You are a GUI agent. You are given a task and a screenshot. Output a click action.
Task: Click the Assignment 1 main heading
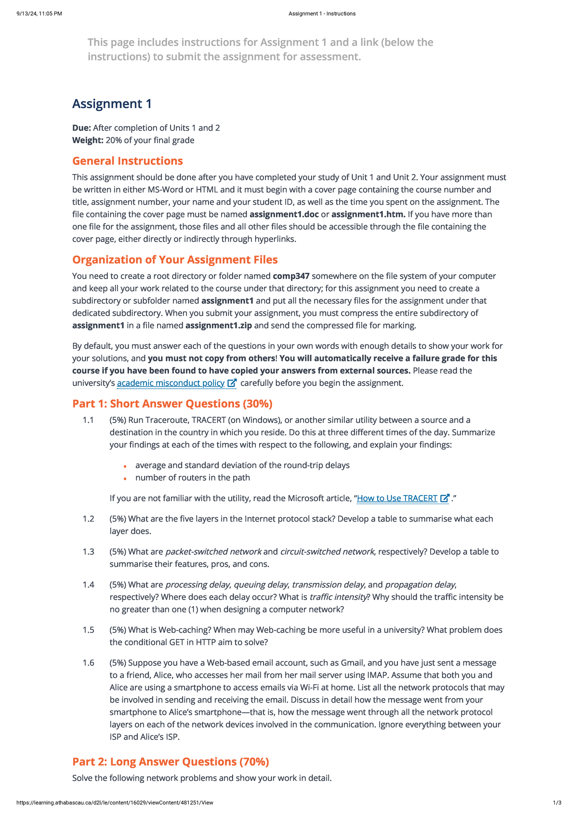click(x=112, y=104)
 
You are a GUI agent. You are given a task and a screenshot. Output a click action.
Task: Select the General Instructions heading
click(x=128, y=161)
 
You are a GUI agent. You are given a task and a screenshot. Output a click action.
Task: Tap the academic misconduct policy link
click(x=171, y=383)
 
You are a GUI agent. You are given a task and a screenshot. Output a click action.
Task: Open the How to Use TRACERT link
click(x=397, y=498)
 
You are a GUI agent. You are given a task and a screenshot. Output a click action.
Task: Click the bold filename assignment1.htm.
click(x=368, y=215)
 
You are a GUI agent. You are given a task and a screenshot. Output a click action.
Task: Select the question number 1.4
click(x=88, y=585)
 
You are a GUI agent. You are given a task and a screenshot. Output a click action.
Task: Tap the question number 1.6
click(x=88, y=663)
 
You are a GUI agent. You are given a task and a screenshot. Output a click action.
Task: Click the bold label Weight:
click(x=88, y=140)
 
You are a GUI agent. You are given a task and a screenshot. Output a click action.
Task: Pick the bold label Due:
click(x=81, y=128)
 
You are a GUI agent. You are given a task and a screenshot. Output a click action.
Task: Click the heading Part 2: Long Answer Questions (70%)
click(x=171, y=762)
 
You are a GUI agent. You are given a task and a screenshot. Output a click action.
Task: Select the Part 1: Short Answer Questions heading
click(x=172, y=404)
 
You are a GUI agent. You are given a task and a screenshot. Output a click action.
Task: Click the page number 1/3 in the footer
click(x=557, y=803)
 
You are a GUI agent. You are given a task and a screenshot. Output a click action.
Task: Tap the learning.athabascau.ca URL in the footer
click(x=115, y=803)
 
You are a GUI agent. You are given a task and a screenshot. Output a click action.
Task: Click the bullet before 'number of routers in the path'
click(x=125, y=478)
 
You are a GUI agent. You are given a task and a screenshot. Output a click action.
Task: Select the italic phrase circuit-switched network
click(x=327, y=552)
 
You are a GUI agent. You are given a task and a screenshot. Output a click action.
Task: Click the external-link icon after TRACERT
click(x=445, y=498)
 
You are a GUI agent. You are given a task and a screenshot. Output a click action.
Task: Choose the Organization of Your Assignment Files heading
click(x=175, y=260)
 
